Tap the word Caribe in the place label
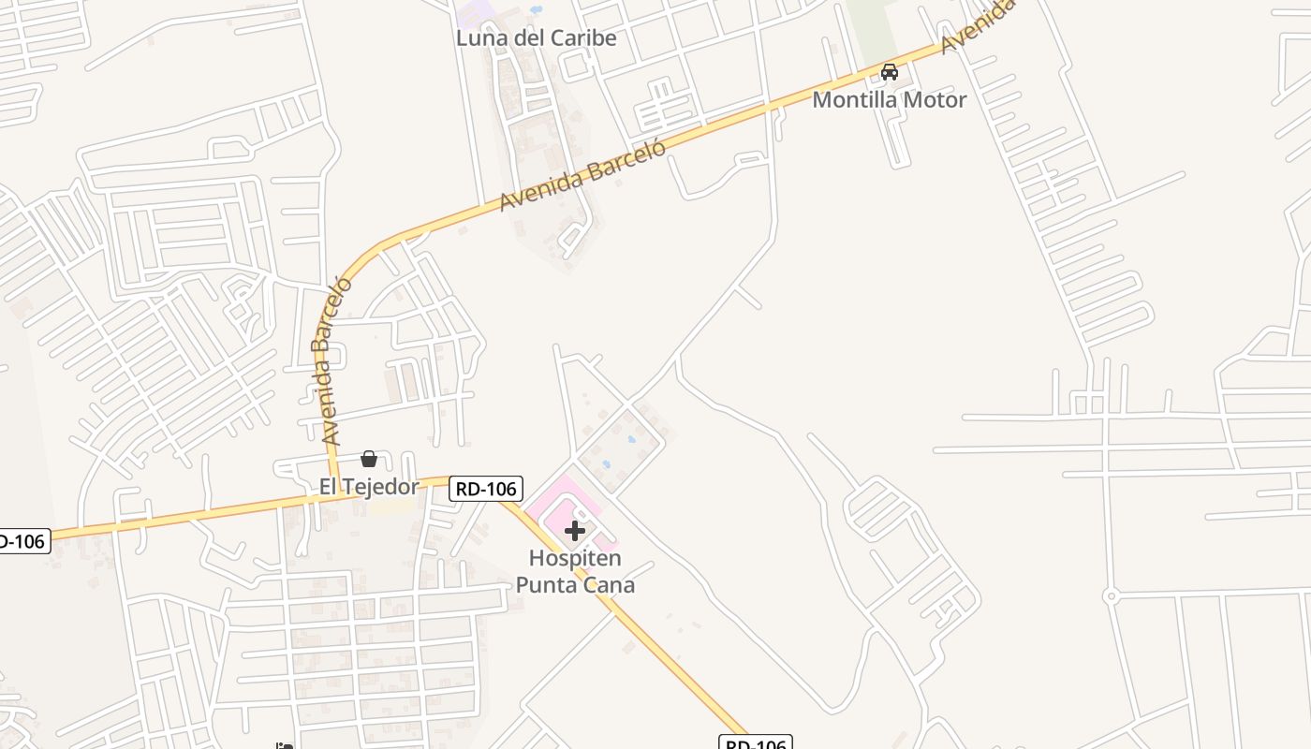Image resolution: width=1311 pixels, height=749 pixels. click(583, 38)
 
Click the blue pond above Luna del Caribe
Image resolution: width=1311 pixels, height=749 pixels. click(536, 9)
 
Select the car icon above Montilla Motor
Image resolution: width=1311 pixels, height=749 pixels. click(890, 72)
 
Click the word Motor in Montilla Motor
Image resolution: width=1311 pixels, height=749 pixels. click(931, 99)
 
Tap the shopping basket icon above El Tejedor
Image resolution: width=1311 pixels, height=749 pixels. click(369, 459)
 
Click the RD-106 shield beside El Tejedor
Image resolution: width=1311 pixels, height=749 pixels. click(485, 489)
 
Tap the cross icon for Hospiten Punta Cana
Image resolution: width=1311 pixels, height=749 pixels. click(575, 531)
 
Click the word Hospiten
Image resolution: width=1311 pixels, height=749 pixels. click(575, 558)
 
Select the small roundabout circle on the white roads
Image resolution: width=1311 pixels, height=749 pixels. click(1111, 595)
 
